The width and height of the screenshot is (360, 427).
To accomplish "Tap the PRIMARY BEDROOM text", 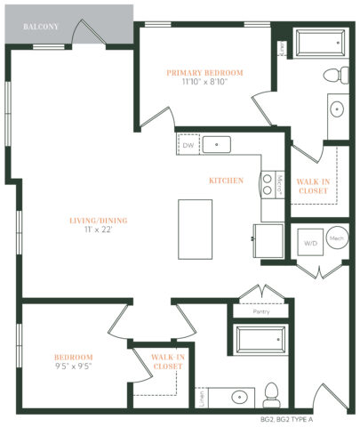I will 204,72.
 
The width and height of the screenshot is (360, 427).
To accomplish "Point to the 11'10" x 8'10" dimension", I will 204,82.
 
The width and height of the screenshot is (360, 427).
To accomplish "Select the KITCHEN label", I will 226,181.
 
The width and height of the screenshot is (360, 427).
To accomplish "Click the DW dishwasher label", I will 188,145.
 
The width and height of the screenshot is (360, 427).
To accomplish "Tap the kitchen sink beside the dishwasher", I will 216,144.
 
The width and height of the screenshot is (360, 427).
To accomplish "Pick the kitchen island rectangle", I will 196,226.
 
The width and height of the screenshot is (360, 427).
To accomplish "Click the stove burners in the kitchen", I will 266,183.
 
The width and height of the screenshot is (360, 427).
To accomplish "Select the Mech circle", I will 336,239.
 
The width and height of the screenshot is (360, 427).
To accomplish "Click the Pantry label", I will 260,312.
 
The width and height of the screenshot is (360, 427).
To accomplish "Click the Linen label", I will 203,392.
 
